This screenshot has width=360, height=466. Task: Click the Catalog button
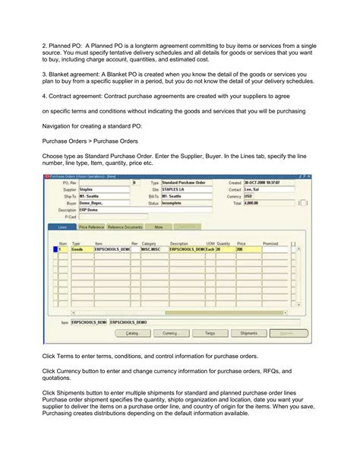point(131,333)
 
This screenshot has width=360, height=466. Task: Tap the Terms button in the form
point(209,333)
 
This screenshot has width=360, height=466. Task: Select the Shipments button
point(248,333)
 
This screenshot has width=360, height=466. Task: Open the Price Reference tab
point(91,227)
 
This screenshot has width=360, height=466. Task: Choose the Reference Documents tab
point(125,227)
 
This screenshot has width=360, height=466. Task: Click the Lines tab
point(62,227)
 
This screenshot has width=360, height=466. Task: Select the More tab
point(159,227)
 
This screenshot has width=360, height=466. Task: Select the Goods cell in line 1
point(77,249)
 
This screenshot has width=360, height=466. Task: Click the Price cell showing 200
point(248,249)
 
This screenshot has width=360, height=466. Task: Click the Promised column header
point(271,243)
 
